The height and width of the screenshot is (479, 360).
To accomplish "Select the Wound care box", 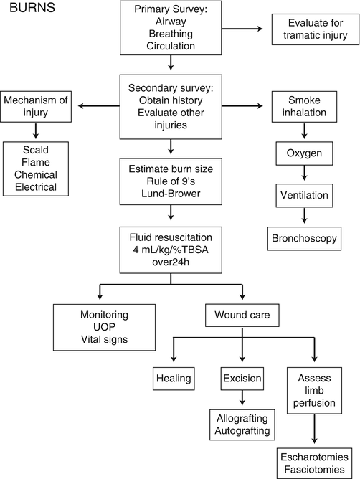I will pos(242,314).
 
